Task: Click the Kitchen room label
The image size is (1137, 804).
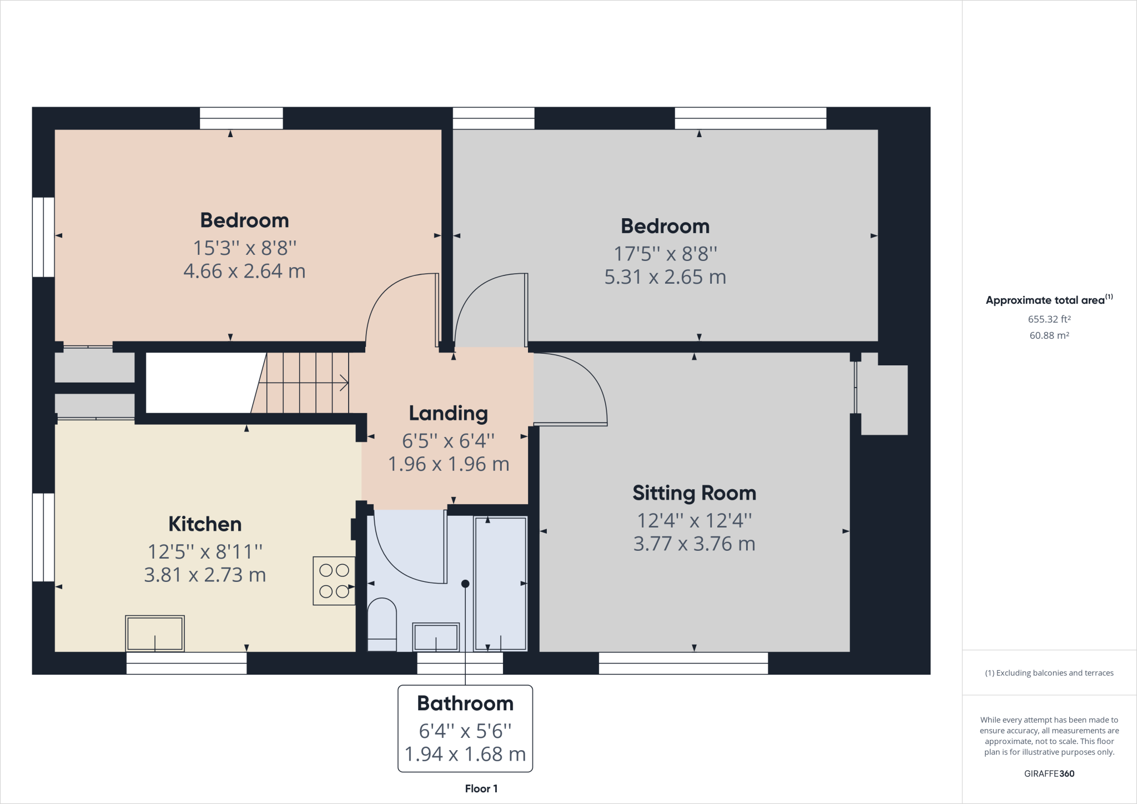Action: coord(205,524)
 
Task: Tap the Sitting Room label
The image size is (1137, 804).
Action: coord(694,493)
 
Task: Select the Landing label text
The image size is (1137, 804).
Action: coord(449,414)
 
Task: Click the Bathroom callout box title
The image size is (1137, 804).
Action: coord(465,703)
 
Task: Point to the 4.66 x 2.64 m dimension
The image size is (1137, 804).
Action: coord(244,271)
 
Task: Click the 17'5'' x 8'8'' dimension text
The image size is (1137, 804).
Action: coord(665,254)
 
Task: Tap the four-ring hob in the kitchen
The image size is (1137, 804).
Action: coord(334,581)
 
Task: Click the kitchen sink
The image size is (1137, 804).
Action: coord(155,633)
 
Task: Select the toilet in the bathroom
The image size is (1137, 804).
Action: coord(382,624)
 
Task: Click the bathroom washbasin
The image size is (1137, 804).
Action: coord(436,637)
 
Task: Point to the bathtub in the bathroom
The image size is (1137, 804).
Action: coord(500,583)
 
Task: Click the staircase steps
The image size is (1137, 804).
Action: coord(300,383)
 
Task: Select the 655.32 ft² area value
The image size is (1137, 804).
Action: coord(1049,319)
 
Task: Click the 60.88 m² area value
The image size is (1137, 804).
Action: coord(1049,335)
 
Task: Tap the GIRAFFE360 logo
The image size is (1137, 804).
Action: coord(1049,773)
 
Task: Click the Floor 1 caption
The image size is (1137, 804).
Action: coord(481,788)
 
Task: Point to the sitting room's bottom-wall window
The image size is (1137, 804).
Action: coord(683,663)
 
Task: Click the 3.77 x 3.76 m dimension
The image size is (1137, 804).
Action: coord(694,544)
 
